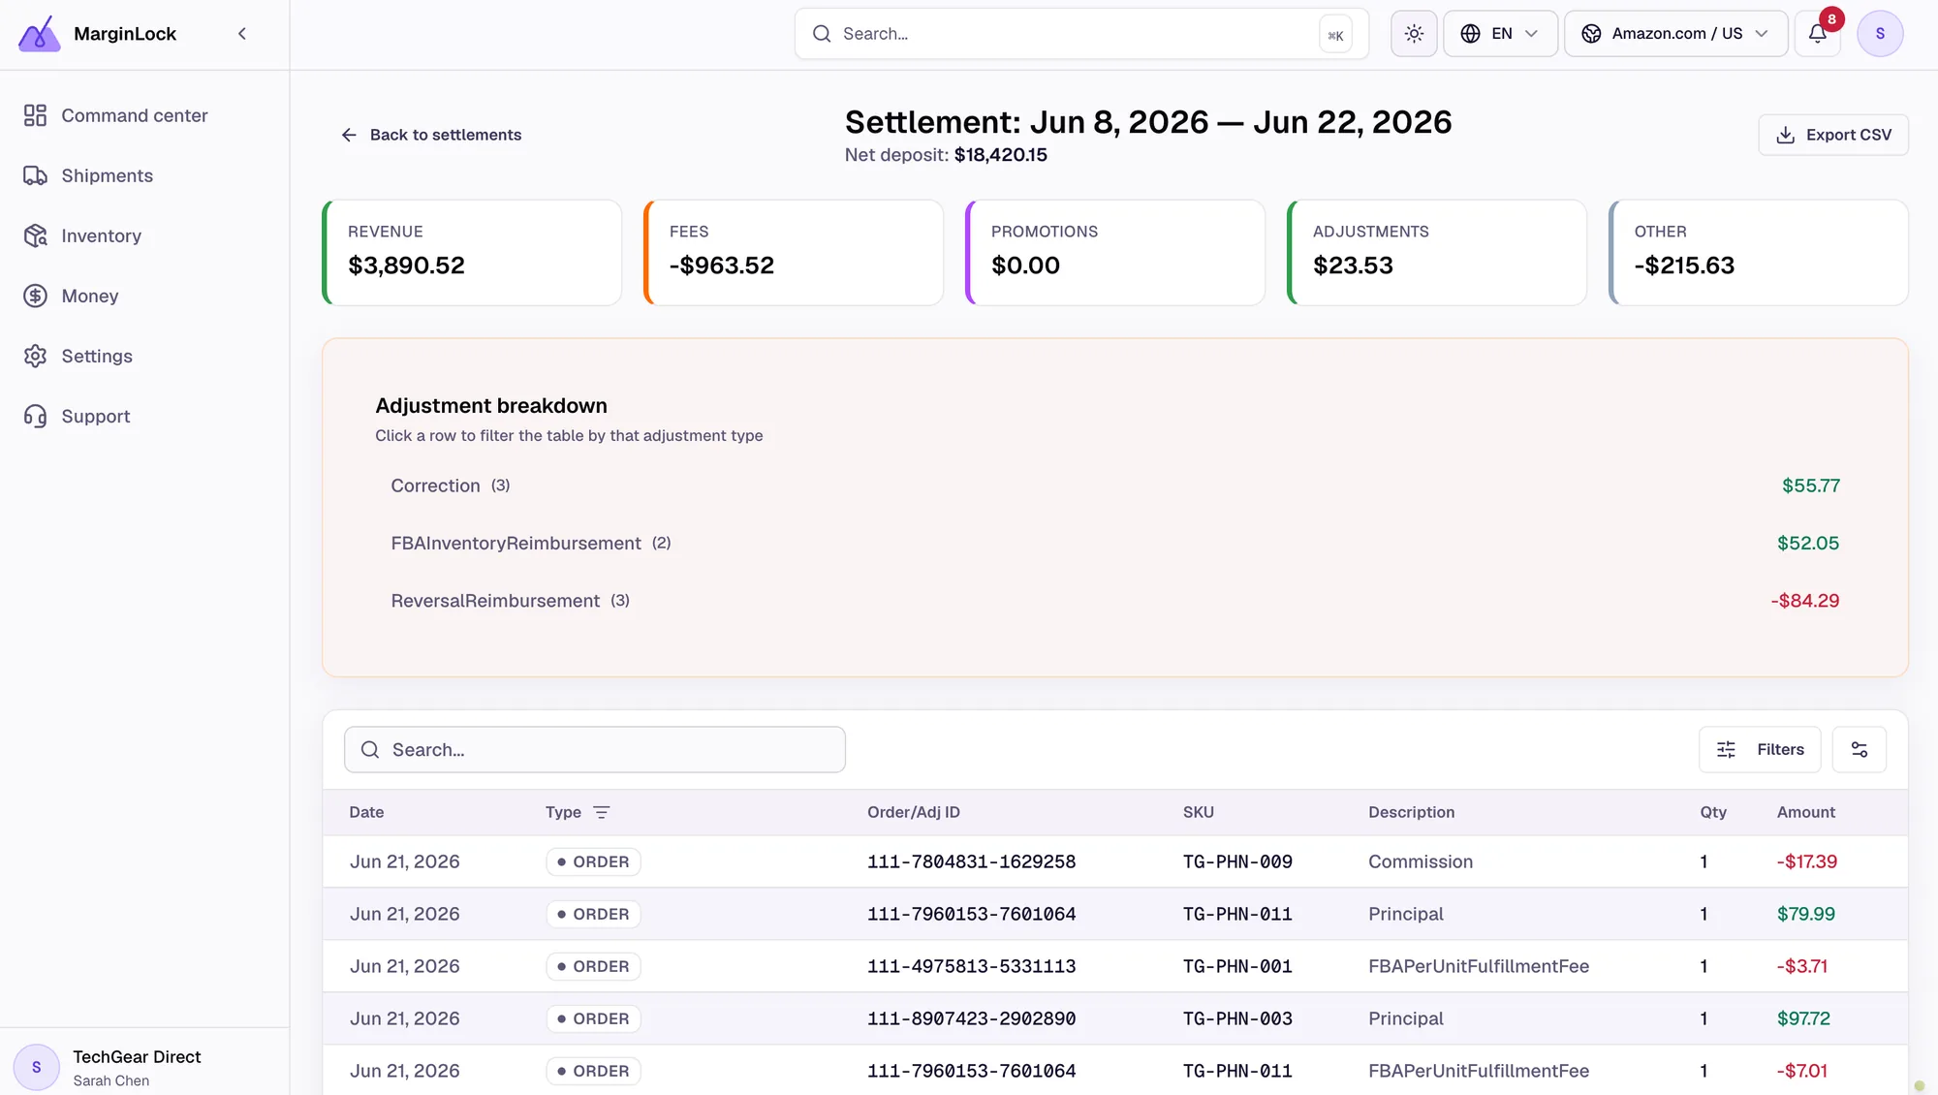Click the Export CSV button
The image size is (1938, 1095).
pos(1833,135)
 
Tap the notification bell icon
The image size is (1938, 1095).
pos(1818,34)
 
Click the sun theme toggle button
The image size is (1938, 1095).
pos(1414,34)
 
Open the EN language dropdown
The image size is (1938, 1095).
pos(1500,34)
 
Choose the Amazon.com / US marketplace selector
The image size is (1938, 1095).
pos(1675,34)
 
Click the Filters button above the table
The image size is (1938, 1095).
pos(1760,749)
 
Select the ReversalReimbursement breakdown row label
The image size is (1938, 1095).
pos(495,601)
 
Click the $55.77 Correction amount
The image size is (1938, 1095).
pos(1810,485)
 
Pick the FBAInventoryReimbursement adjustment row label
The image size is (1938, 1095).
pos(516,544)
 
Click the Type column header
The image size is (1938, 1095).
pos(563,812)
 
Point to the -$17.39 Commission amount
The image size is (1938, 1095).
pos(1806,861)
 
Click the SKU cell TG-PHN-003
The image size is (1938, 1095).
pos(1237,1018)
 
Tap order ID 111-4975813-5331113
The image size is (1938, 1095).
pos(971,966)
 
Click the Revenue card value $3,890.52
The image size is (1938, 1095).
pos(406,266)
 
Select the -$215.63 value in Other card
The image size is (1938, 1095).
pos(1684,266)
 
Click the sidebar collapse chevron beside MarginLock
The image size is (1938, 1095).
pos(242,34)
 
